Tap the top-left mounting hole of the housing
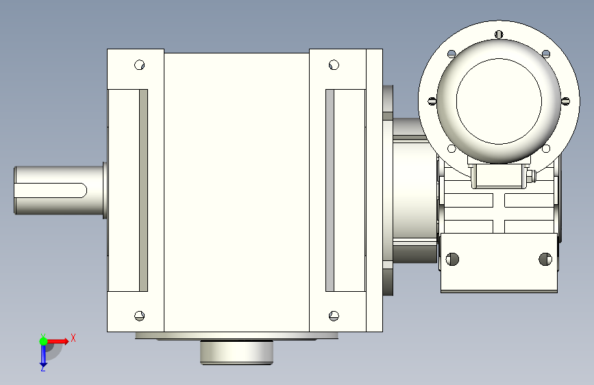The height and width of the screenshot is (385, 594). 139,65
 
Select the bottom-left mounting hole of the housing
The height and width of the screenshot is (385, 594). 139,316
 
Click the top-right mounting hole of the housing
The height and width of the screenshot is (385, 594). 334,65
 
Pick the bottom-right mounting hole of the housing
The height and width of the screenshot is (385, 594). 334,316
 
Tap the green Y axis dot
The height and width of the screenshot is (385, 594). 43,341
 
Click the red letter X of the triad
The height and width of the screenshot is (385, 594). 73,338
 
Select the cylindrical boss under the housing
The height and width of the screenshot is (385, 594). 237,352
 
